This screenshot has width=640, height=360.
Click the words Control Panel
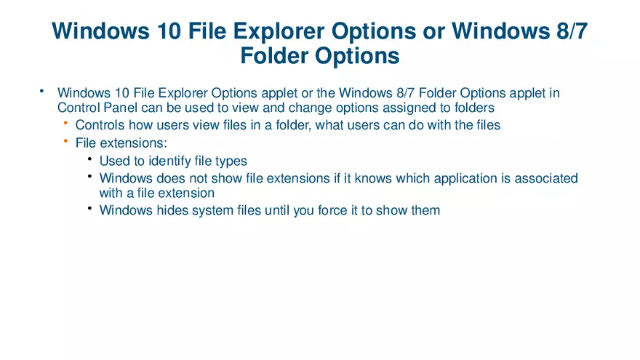point(89,108)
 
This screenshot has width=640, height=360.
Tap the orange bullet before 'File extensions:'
point(65,141)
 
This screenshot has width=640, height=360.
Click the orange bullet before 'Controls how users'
point(65,123)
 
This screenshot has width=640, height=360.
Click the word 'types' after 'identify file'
point(231,161)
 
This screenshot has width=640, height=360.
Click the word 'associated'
point(546,178)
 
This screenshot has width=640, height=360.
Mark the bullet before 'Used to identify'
point(89,159)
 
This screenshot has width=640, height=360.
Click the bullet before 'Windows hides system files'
point(89,209)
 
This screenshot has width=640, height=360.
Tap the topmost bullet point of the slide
point(42,91)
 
